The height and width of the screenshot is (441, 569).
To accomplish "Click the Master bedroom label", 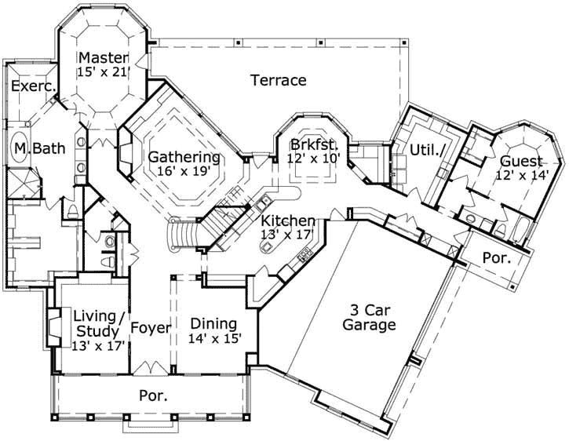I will coord(102,57).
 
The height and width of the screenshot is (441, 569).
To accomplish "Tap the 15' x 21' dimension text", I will coord(102,71).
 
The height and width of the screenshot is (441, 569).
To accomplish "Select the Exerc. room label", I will coord(31,87).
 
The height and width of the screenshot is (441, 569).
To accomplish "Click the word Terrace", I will coord(278,80).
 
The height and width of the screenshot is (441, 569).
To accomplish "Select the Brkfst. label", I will coord(313,144).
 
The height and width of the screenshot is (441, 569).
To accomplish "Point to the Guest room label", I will coord(520,162).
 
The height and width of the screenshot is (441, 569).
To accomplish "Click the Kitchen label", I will coord(288,220).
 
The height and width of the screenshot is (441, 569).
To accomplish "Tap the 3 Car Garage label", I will coord(368,317).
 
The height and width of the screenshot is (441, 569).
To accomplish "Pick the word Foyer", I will coord(150,327).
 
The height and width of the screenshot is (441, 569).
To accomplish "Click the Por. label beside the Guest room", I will coord(496,257).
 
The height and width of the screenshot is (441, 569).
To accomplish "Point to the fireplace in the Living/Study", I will coord(52,327).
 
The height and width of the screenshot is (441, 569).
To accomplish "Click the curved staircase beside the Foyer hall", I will coord(182,234).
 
